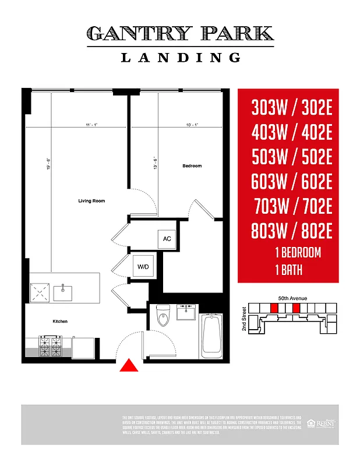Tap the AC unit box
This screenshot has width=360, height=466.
coord(167,239)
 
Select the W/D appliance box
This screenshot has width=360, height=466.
coord(142,267)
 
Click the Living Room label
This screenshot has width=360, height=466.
coord(91,201)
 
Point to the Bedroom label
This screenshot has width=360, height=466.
coord(192,166)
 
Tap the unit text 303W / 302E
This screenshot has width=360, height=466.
coord(292,108)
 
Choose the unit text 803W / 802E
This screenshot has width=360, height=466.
coord(292,231)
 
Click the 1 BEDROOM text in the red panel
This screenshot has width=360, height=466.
coord(298,253)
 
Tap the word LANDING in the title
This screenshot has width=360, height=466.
coord(180,57)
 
